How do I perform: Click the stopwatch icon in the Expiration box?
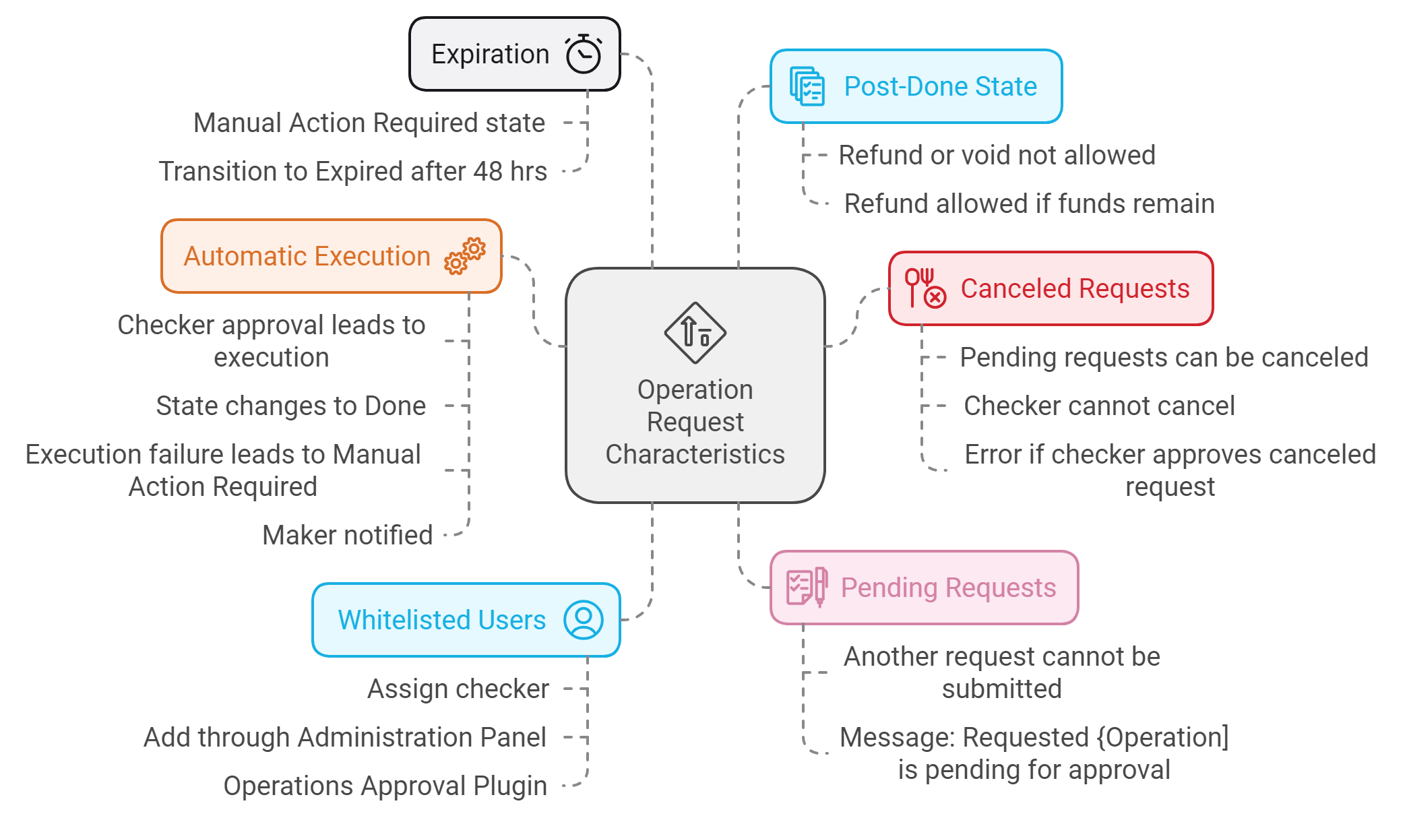coord(583,54)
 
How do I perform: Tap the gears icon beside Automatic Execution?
coord(464,256)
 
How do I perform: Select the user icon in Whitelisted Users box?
coord(583,620)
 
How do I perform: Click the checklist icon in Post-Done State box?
coord(807,86)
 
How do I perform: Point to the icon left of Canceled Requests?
coord(925,288)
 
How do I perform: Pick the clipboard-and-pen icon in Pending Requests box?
coord(807,587)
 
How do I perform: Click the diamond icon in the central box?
coord(695,332)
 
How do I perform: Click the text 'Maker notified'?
coord(347,535)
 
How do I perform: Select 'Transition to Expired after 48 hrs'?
coord(352,171)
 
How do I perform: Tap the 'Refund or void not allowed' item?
coord(997,155)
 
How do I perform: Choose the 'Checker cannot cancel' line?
coord(1099,406)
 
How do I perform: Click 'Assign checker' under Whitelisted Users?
coord(458,689)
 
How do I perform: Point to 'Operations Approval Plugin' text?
coord(385,786)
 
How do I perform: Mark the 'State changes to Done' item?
coord(290,406)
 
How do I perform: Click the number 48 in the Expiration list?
coord(487,171)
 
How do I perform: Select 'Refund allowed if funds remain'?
coord(1029,203)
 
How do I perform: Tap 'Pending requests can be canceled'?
coord(1164,357)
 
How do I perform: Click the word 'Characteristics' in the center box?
coord(695,454)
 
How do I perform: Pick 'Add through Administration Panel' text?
coord(344,737)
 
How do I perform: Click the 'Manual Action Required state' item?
coord(369,123)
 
